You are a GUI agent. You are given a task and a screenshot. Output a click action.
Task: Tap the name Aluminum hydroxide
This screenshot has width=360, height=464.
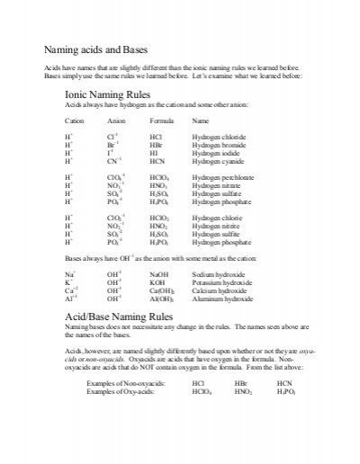point(220,296)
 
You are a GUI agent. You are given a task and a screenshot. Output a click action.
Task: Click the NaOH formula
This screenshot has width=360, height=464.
point(158,271)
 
